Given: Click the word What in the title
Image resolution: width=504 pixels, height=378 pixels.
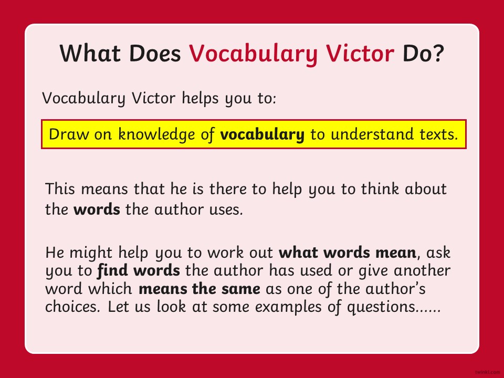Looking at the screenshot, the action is (x=90, y=53).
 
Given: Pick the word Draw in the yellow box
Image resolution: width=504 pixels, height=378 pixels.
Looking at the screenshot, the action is (x=68, y=134).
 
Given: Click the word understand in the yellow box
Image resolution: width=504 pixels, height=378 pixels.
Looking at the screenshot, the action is (x=372, y=134).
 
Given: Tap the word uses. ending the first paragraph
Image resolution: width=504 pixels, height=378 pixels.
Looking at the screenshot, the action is (x=226, y=209).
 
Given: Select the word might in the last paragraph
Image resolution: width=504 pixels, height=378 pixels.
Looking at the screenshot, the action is (x=91, y=253).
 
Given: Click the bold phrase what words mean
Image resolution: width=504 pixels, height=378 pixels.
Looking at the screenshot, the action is (x=348, y=253).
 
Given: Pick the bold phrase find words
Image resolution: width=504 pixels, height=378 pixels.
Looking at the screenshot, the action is (x=139, y=271).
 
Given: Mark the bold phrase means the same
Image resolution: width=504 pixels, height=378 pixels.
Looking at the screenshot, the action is (x=199, y=289).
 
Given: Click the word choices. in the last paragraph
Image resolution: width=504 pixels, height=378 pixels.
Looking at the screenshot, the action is (x=72, y=307).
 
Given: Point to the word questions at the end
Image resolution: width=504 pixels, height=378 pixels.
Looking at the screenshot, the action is (x=381, y=308).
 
